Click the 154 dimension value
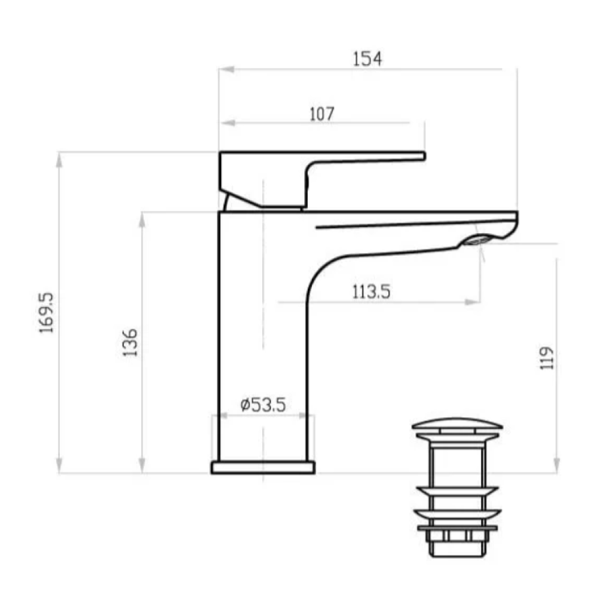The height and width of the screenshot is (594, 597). pyautogui.click(x=367, y=59)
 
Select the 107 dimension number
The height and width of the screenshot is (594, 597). pyautogui.click(x=322, y=114)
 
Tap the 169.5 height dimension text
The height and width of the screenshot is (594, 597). pyautogui.click(x=47, y=313)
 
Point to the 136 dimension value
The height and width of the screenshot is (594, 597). pyautogui.click(x=130, y=342)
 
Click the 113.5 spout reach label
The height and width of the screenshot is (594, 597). pyautogui.click(x=371, y=292)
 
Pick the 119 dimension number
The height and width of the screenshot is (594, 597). pyautogui.click(x=547, y=358)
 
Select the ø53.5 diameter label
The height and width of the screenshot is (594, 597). pyautogui.click(x=263, y=405)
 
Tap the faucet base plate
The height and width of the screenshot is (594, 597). pyautogui.click(x=263, y=467)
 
